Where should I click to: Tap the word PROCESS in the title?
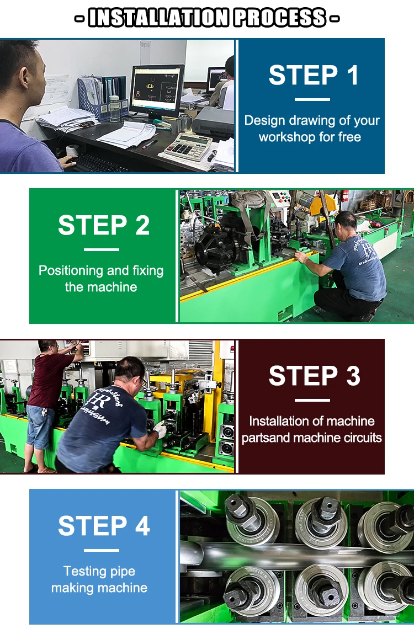point(280,18)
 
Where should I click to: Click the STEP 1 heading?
point(314,75)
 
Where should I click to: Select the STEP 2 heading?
point(104,225)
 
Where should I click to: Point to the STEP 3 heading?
point(315,376)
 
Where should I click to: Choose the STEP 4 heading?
point(104,526)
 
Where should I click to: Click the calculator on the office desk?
point(186,147)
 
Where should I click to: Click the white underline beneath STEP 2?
point(102,249)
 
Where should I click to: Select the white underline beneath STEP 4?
point(102,550)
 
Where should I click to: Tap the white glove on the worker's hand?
point(161,429)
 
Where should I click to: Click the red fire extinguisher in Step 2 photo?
point(345,195)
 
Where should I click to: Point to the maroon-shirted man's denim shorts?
point(40,427)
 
